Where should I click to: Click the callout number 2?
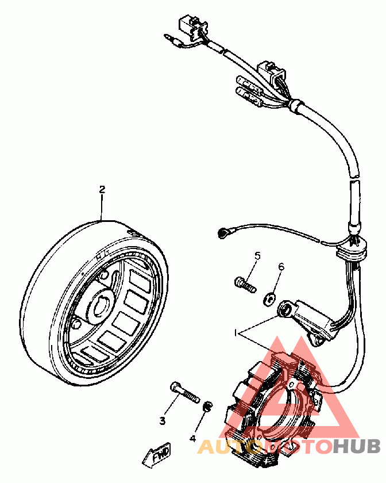[102, 189]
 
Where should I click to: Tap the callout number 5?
[258, 256]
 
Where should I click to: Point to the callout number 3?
[163, 421]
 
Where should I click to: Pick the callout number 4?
[192, 438]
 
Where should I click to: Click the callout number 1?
[235, 333]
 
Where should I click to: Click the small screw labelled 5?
[244, 283]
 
